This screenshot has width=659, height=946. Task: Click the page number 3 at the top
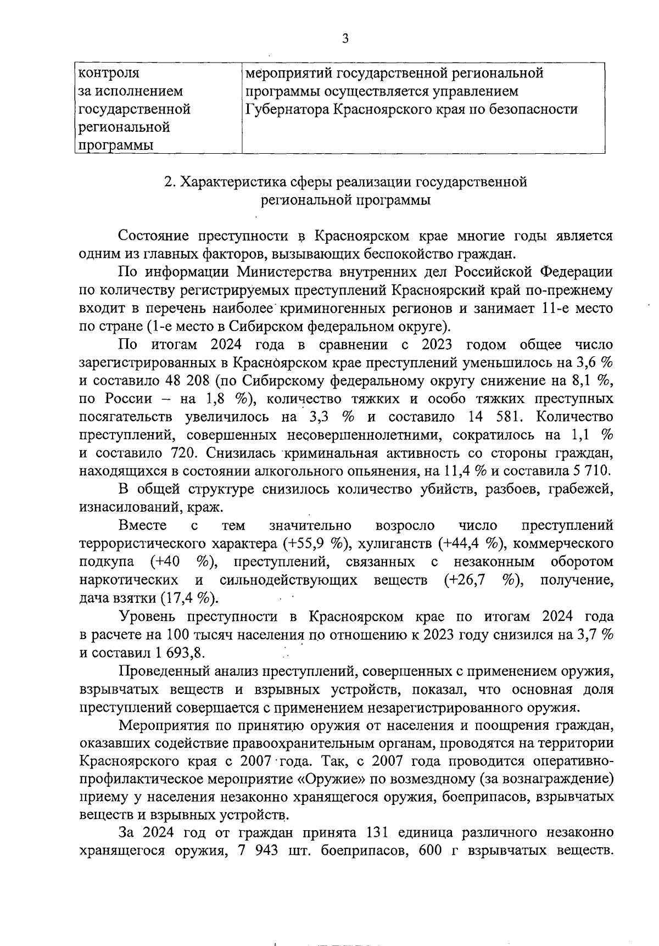[x=345, y=38]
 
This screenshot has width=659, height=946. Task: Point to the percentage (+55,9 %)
[x=317, y=544]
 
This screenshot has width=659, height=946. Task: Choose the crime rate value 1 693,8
[x=181, y=653]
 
